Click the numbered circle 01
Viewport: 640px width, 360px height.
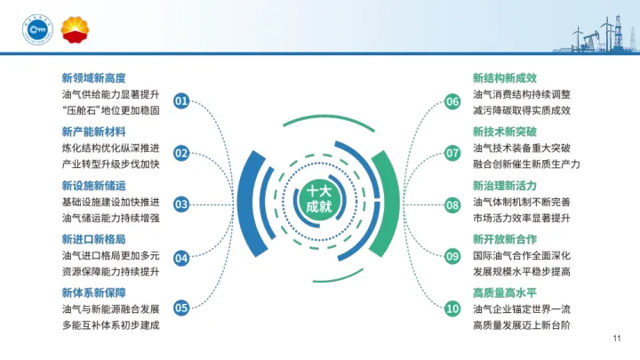tap(181, 101)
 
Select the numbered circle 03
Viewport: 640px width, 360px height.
tap(181, 204)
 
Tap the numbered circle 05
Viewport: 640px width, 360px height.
tap(181, 308)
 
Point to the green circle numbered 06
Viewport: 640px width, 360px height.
tap(452, 101)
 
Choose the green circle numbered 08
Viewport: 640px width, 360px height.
tap(452, 204)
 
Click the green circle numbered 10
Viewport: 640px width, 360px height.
tap(452, 308)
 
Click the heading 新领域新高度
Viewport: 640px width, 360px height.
tap(93, 77)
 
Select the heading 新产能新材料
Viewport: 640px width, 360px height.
tap(93, 132)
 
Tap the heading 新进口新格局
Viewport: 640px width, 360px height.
tap(93, 239)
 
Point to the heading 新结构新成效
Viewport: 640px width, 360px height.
tap(505, 77)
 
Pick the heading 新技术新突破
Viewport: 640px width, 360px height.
tap(505, 132)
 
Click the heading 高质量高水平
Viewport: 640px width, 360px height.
tap(505, 292)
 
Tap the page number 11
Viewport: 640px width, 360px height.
tap(617, 339)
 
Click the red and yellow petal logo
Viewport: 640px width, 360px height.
tap(74, 32)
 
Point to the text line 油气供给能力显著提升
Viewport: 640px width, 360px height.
tap(110, 94)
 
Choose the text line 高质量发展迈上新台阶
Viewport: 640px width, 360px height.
tap(522, 325)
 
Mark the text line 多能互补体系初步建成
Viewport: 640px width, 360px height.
tap(110, 325)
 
